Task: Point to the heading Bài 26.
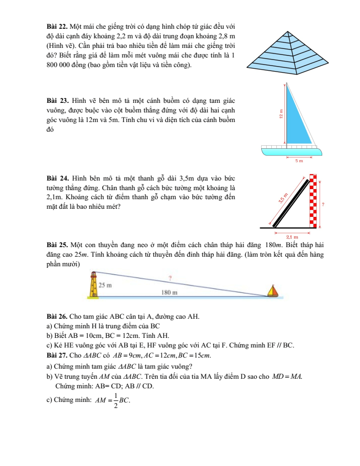tap(54, 317)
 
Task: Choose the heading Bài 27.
tap(54, 355)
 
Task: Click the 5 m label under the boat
tap(299, 161)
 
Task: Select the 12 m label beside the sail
tap(280, 115)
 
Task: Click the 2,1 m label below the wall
tap(292, 236)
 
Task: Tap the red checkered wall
tap(314, 202)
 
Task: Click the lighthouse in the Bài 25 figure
tap(93, 286)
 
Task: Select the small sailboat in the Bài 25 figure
tap(273, 292)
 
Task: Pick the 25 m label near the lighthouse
tap(105, 285)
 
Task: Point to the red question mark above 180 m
tap(170, 277)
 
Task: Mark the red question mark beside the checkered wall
tap(323, 204)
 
